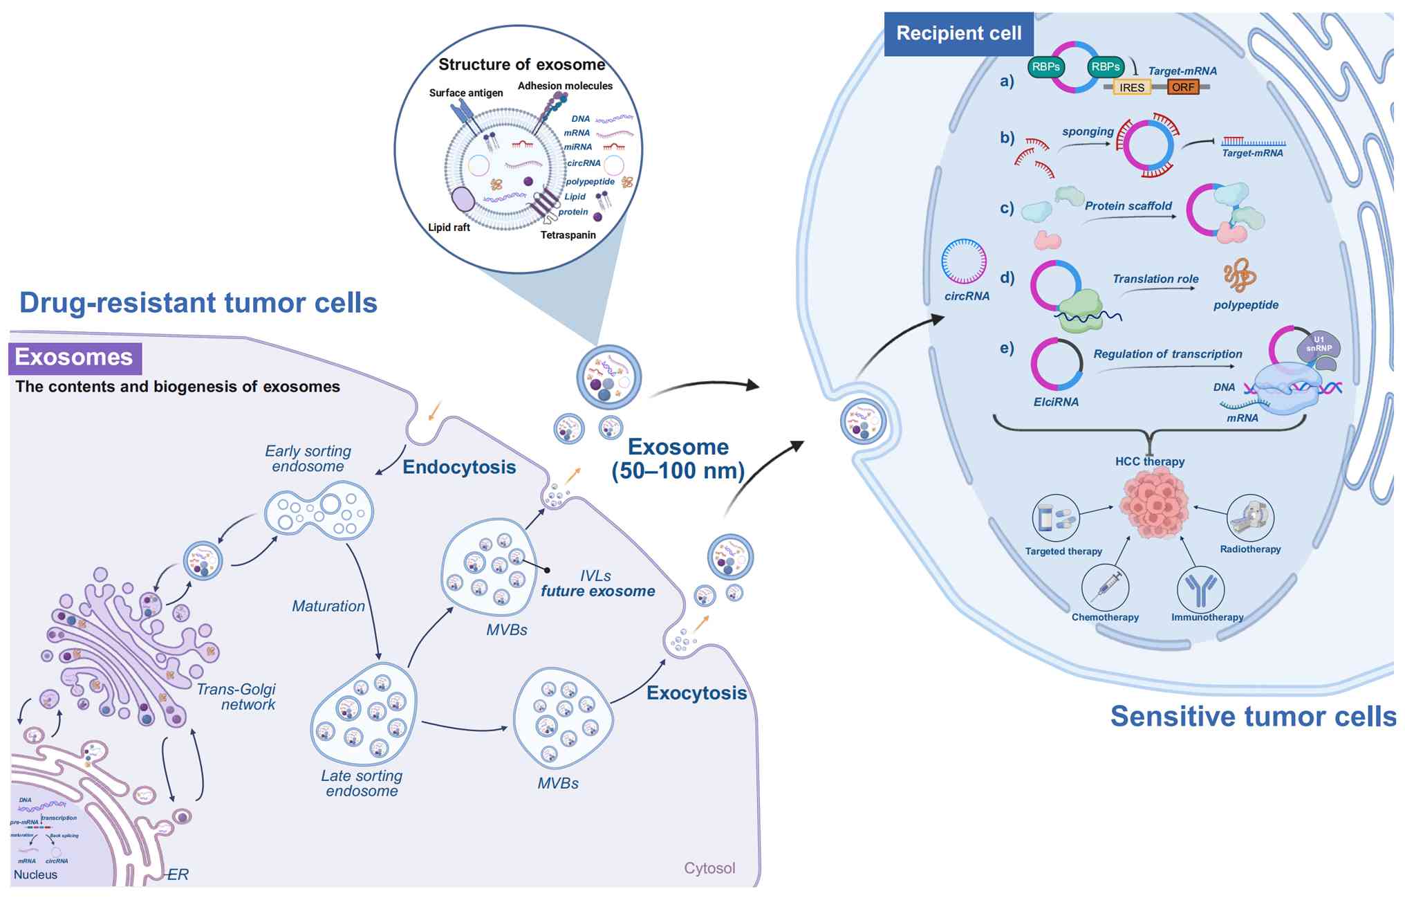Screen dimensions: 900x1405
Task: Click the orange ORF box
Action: coord(1182,87)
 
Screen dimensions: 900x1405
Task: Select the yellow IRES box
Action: coord(1131,88)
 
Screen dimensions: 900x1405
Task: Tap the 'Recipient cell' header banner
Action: coord(958,33)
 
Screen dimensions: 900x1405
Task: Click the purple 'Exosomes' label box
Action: coord(75,358)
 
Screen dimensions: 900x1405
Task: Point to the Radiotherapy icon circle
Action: coord(1250,517)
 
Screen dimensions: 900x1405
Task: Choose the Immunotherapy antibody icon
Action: coord(1200,589)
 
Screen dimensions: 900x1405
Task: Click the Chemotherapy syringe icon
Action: coord(1105,587)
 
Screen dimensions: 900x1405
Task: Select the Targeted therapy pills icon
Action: coord(1056,517)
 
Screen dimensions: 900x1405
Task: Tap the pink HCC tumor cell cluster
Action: coord(1153,503)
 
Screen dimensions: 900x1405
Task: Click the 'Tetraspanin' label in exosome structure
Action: coord(568,235)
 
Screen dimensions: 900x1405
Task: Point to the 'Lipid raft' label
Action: coord(449,228)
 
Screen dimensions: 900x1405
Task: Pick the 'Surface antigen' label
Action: coord(466,93)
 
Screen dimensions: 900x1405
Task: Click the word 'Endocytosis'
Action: coord(459,467)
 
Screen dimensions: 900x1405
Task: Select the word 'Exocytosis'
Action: coord(696,693)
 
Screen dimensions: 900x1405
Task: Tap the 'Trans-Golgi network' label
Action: coord(236,697)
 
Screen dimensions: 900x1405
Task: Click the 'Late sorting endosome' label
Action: coord(362,783)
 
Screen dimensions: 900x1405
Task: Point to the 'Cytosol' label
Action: coord(709,868)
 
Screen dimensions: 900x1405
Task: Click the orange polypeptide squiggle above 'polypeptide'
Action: coord(1239,275)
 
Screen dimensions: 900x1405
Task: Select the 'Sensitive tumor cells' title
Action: coord(1253,716)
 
